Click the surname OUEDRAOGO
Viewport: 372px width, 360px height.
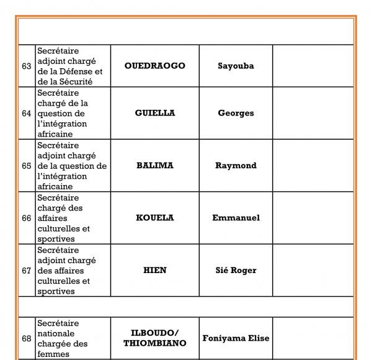(x=154, y=66)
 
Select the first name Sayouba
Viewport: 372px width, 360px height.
(x=236, y=66)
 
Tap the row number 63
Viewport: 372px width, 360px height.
(x=26, y=66)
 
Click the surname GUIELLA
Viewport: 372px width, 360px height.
(x=154, y=113)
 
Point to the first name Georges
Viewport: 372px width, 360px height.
(x=236, y=113)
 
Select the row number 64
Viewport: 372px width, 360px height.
(x=26, y=113)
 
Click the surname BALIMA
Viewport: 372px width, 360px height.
(x=154, y=166)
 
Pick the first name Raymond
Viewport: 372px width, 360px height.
(x=236, y=166)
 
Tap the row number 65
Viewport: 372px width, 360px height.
(x=26, y=166)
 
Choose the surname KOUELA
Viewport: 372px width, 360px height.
(x=154, y=218)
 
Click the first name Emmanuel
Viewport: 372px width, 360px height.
(x=236, y=218)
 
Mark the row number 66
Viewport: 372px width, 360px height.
(x=26, y=218)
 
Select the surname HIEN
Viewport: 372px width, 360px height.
(x=154, y=270)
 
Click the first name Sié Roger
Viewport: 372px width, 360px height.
(x=236, y=270)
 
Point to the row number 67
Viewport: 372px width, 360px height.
(x=26, y=270)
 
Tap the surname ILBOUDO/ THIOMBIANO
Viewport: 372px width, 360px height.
(x=154, y=338)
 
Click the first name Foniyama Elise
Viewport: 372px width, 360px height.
(x=236, y=338)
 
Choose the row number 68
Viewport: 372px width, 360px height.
(x=26, y=338)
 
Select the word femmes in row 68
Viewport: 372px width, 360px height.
(x=54, y=354)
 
